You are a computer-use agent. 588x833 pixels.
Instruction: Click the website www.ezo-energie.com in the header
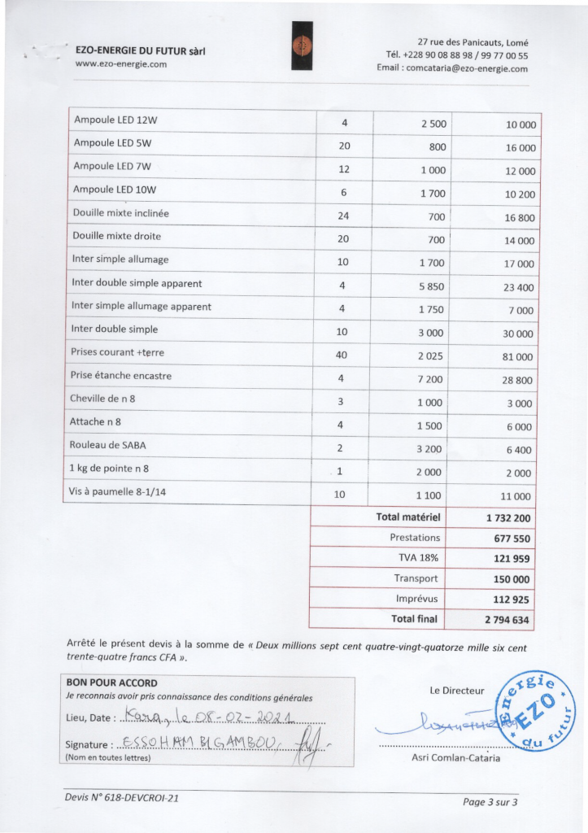120,64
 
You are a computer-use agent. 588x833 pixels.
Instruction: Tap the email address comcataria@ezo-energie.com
452,69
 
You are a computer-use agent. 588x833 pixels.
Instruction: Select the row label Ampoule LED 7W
112,167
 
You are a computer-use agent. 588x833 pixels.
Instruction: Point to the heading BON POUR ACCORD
111,683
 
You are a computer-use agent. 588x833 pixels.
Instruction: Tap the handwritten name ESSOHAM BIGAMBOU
198,744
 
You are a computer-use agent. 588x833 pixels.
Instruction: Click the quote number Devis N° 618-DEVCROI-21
122,798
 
